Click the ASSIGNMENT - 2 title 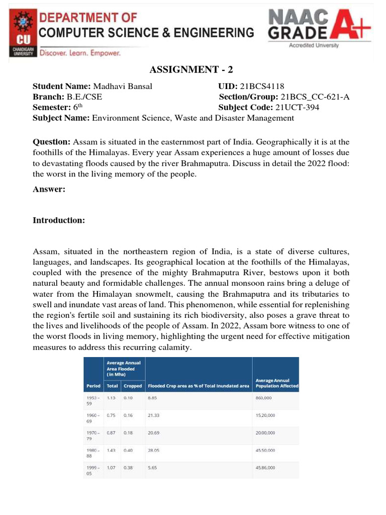tap(192, 70)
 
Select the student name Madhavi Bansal tap(123, 87)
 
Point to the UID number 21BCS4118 tap(262, 87)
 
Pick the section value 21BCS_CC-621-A tap(315, 97)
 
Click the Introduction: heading tap(59, 220)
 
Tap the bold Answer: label tap(49, 189)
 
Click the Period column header tap(93, 386)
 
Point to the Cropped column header tap(133, 386)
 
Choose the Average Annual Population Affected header tap(277, 383)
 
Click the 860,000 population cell tap(265, 397)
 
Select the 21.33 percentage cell tap(154, 416)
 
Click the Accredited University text tap(314, 45)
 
